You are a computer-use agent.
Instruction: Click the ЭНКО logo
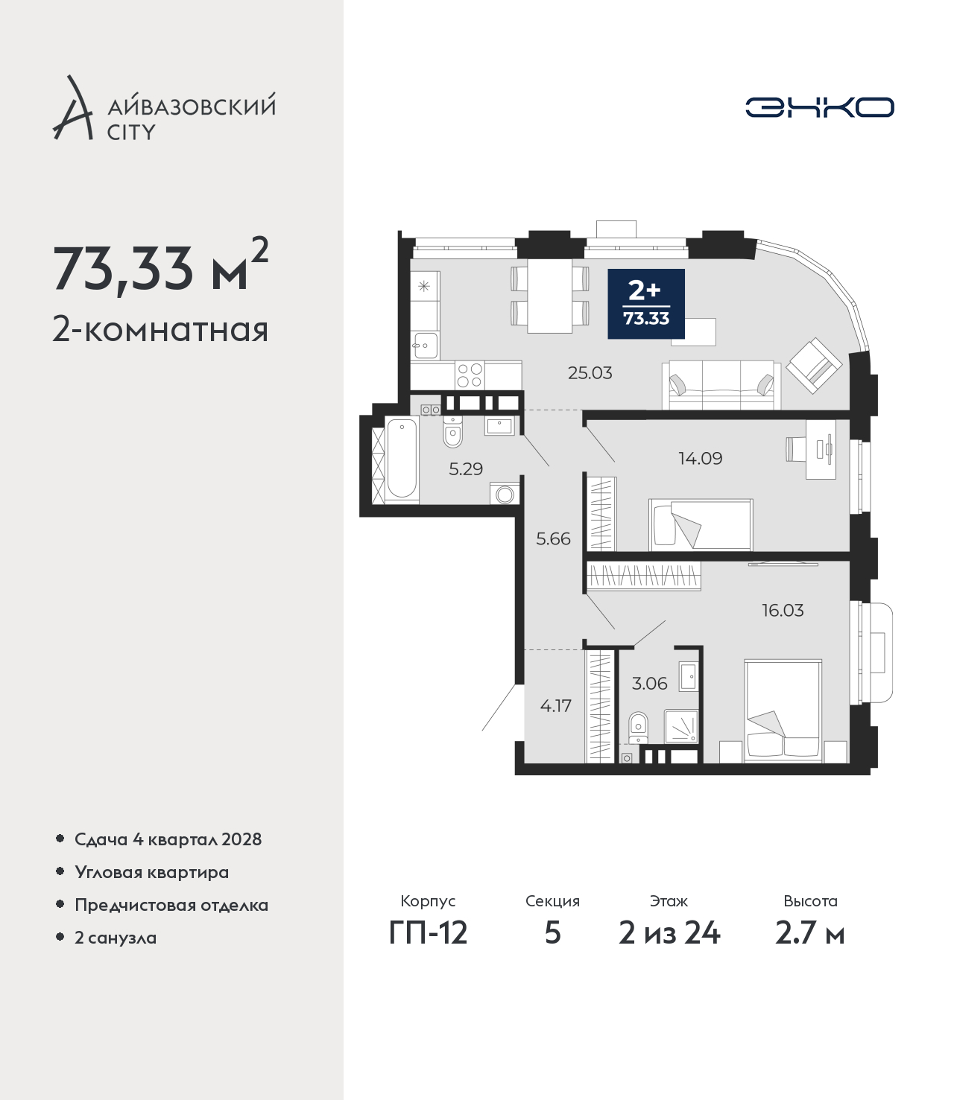[819, 107]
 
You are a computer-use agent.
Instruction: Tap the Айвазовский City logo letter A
[73, 108]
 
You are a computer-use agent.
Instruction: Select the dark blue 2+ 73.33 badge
[646, 303]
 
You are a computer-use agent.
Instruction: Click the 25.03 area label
[590, 373]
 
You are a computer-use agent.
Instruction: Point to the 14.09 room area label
[700, 458]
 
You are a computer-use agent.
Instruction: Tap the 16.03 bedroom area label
[783, 610]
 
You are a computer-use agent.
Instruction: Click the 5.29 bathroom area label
[466, 469]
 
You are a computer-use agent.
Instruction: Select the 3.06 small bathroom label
[649, 683]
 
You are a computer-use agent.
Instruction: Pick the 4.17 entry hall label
[555, 706]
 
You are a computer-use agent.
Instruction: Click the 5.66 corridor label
[553, 539]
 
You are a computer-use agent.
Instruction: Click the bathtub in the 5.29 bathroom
[402, 460]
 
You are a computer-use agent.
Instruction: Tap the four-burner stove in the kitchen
[470, 375]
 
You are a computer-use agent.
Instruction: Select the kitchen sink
[425, 345]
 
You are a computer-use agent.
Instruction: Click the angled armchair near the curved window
[813, 366]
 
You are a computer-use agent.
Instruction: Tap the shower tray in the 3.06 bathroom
[680, 725]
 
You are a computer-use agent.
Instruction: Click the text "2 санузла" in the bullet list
[116, 938]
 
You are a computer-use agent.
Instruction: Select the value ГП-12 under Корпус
[429, 933]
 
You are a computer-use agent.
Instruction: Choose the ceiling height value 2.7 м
[809, 933]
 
